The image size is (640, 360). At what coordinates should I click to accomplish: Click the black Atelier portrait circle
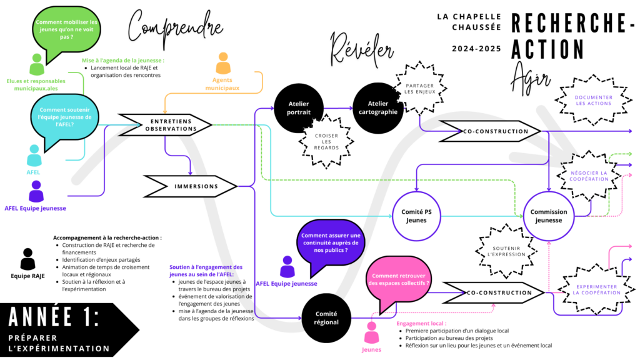(x=299, y=108)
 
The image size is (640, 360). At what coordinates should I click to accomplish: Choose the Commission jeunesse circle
(x=549, y=216)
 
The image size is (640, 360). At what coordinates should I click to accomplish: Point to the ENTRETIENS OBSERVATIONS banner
(x=166, y=124)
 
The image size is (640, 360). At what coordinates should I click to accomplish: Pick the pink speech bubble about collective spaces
(x=399, y=279)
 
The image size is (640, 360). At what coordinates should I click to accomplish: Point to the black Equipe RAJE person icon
(x=27, y=259)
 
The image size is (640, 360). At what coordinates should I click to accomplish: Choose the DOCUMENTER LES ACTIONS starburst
(x=594, y=101)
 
